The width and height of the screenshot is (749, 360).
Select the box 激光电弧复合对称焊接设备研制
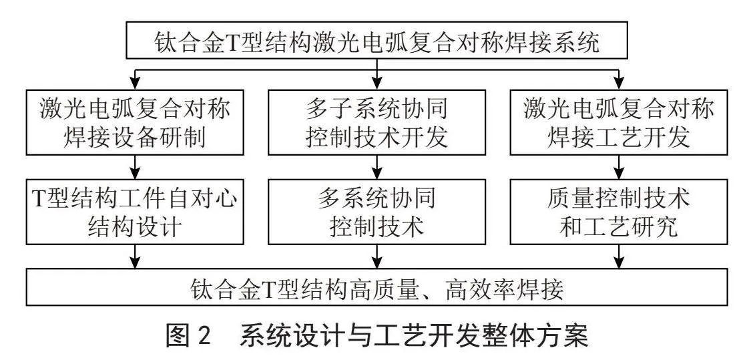[136, 122]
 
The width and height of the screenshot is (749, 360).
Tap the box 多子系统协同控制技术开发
[377, 122]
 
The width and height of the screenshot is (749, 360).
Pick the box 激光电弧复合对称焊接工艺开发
[619, 122]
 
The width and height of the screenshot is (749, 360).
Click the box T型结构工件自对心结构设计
[136, 211]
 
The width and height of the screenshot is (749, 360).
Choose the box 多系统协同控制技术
[377, 211]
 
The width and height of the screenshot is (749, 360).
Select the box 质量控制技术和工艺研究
[619, 211]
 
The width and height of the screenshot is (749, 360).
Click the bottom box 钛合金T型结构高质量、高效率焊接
[377, 287]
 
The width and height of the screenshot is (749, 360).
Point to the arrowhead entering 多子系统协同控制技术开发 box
[377, 84]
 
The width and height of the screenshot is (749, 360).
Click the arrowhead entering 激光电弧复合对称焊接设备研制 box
[136, 84]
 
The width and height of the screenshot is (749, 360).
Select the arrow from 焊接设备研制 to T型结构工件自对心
[136, 167]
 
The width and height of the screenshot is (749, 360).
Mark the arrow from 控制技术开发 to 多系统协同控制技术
[377, 167]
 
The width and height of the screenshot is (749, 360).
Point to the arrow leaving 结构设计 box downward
[136, 256]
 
